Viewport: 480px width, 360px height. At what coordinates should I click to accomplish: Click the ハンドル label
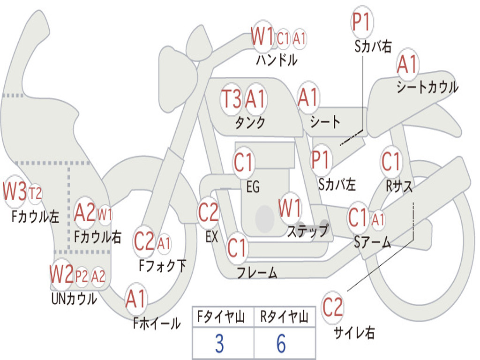[277, 60]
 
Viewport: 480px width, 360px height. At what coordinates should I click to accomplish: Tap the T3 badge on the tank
[232, 99]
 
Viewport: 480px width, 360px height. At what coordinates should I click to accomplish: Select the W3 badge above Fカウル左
[15, 192]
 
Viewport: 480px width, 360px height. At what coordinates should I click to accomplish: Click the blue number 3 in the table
[219, 343]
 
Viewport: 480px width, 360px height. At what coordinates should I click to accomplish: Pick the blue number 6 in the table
[281, 343]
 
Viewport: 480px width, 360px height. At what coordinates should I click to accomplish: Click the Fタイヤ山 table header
[221, 317]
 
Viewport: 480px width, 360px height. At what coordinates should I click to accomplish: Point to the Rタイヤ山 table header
[284, 317]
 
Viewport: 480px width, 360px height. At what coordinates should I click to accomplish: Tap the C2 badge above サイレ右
[332, 307]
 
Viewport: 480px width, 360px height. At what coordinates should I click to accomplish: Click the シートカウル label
[427, 87]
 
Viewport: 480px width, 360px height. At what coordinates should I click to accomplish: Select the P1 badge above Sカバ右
[362, 22]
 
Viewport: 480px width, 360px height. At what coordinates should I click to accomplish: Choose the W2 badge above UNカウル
[61, 275]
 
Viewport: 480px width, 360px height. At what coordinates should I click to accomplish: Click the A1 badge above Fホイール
[135, 299]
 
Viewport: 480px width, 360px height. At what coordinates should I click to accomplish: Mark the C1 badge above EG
[244, 162]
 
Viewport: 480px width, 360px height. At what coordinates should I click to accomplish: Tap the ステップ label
[308, 231]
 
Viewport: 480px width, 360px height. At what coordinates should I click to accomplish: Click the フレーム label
[257, 272]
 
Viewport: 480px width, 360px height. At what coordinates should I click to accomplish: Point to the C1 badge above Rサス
[391, 161]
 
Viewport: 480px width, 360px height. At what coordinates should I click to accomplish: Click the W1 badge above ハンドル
[262, 37]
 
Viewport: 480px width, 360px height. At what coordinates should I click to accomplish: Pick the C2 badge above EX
[208, 212]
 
